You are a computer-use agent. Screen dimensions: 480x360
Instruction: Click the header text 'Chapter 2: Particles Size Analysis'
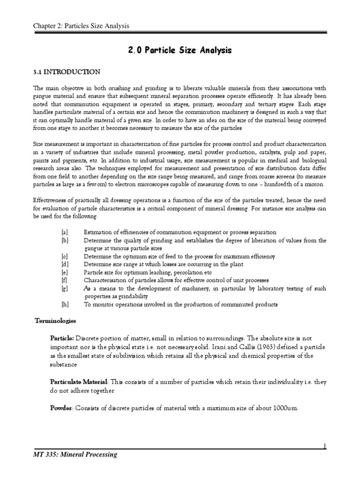click(81, 26)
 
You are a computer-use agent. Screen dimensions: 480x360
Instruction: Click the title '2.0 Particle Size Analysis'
click(180, 51)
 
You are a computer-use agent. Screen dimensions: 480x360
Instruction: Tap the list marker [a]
click(64, 232)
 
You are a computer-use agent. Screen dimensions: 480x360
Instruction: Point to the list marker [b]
click(64, 240)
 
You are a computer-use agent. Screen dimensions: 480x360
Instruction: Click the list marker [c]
click(64, 256)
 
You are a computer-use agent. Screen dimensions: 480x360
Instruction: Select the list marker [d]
click(64, 264)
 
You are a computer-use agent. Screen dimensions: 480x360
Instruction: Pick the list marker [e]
click(64, 272)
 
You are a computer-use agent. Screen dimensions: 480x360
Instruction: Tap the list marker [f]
click(64, 280)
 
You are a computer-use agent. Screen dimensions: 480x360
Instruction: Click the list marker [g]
click(64, 289)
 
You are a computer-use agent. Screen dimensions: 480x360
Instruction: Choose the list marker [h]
click(64, 305)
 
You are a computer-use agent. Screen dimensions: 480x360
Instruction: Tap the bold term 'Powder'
click(61, 408)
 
